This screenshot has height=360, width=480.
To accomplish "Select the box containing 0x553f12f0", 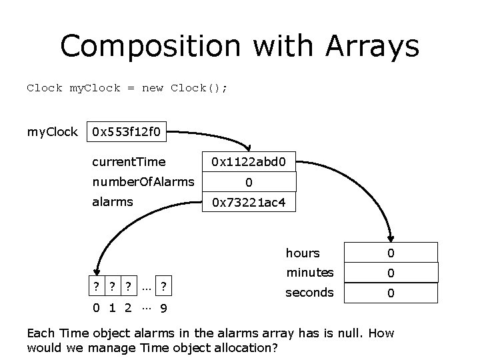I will pyautogui.click(x=126, y=132).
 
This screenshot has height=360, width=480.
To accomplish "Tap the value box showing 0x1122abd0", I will pyautogui.click(x=249, y=161).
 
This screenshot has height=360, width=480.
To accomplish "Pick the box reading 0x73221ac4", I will pyautogui.click(x=249, y=201).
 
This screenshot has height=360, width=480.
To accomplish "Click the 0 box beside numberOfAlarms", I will pyautogui.click(x=249, y=181).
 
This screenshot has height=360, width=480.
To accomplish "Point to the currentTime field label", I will pyautogui.click(x=129, y=161).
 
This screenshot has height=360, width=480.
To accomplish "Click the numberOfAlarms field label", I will pyautogui.click(x=143, y=181).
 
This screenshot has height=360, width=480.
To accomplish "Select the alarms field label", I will pyautogui.click(x=113, y=201).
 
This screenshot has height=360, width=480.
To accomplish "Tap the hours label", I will pyautogui.click(x=303, y=253).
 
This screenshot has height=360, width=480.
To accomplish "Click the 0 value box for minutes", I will pyautogui.click(x=391, y=273).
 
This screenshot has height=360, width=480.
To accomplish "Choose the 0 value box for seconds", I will pyautogui.click(x=391, y=293).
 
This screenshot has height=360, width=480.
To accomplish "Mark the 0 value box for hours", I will pyautogui.click(x=391, y=253).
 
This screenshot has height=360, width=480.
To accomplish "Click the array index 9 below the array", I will pyautogui.click(x=164, y=309).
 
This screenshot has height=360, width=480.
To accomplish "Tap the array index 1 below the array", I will pyautogui.click(x=113, y=309).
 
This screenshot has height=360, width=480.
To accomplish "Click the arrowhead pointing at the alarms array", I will pyautogui.click(x=97, y=270).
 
